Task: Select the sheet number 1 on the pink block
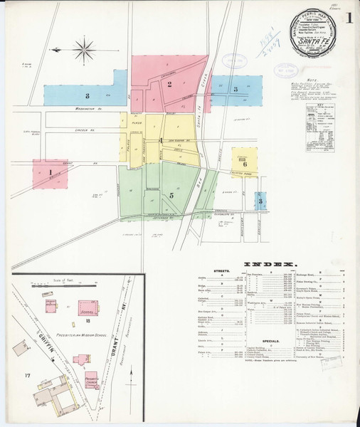51,172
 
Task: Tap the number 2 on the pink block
169,84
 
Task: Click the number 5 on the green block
171,194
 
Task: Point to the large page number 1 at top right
349,16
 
